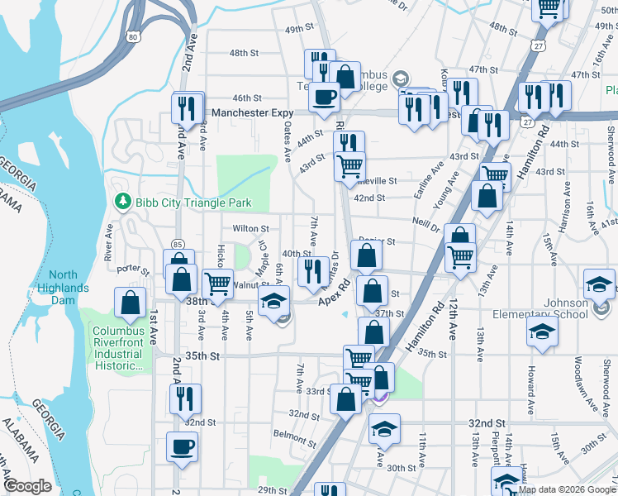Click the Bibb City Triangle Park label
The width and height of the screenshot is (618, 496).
click(x=193, y=202)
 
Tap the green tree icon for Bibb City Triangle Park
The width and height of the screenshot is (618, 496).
click(x=122, y=202)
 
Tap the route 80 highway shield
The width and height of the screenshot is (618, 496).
click(x=134, y=37)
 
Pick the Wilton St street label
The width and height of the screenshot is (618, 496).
click(x=251, y=228)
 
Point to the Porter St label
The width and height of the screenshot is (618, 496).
click(x=132, y=269)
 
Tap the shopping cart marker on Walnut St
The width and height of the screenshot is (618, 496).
click(x=218, y=283)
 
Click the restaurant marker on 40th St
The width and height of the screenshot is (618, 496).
click(x=312, y=271)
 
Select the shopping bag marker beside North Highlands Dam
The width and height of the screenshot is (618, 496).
click(x=131, y=303)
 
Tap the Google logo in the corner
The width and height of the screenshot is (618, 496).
click(x=28, y=486)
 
